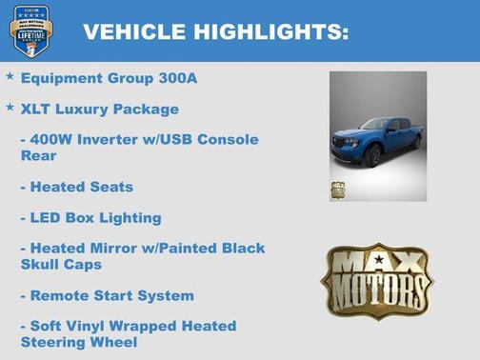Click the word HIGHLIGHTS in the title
(x=270, y=32)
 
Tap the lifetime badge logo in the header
(x=30, y=30)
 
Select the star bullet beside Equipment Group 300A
(x=10, y=75)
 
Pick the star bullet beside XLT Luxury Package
(x=10, y=107)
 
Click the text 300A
(x=178, y=78)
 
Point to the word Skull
(x=43, y=264)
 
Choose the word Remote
(x=62, y=295)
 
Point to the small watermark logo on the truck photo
(x=337, y=190)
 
